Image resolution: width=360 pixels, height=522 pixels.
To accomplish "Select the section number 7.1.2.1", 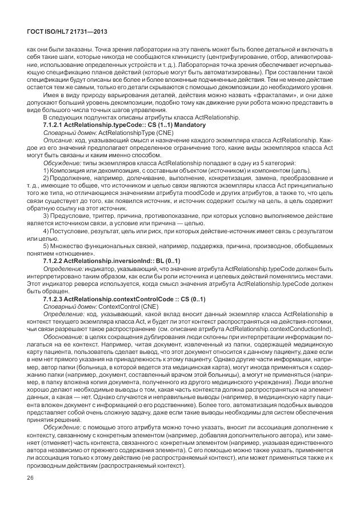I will [53, 124].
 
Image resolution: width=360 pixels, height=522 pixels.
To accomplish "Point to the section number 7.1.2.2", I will [53, 260].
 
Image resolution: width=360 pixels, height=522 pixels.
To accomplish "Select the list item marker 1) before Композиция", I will [46, 170].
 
